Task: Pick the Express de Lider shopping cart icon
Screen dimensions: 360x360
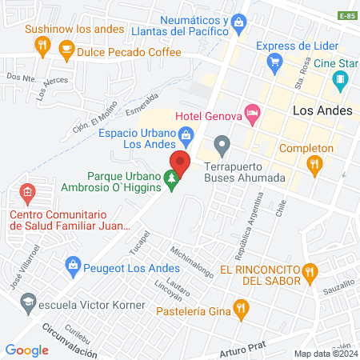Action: pos(275,61)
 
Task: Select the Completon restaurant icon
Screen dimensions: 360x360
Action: pos(314,166)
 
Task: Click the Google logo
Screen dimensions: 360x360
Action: pos(27,350)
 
